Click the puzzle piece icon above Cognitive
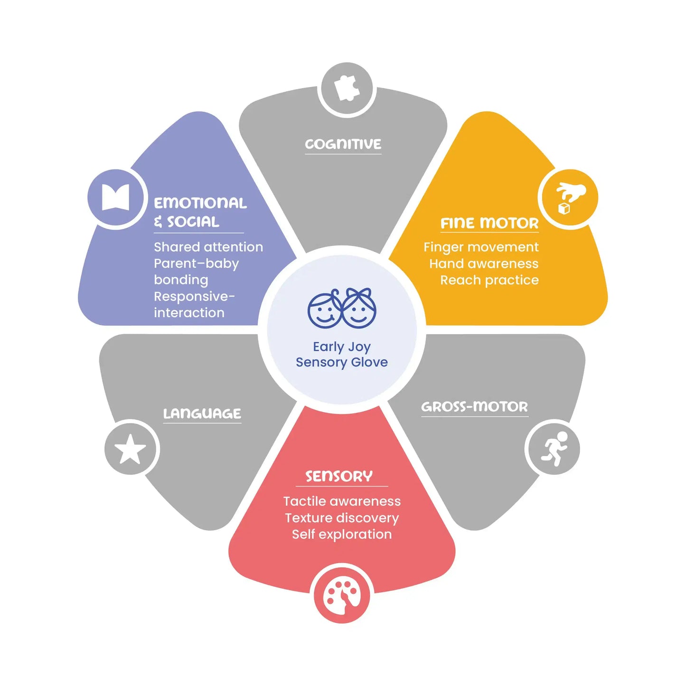coord(346,88)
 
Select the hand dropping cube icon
coord(570,198)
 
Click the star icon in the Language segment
coord(130,449)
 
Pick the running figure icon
coord(554,449)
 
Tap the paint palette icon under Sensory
coord(342,598)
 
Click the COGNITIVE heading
coord(343,144)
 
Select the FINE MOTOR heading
coord(489,223)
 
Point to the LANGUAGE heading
coord(202,413)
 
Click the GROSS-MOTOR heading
coord(475,407)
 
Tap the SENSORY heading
coord(339,476)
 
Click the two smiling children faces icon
coord(342,308)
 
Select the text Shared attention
coord(208,247)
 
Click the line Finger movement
coord(481,247)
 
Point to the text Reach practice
coord(489,281)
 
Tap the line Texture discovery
coord(342,518)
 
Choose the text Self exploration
coord(342,535)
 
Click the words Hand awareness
coord(484,264)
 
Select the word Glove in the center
coord(369,362)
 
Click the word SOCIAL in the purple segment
coord(193,222)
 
